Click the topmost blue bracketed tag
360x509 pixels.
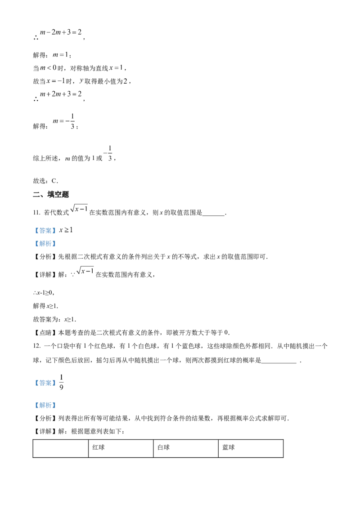tap(45, 230)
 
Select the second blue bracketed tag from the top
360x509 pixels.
tap(45, 243)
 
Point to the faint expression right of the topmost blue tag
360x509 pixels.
tap(67, 231)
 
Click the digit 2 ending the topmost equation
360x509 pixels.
tap(80, 33)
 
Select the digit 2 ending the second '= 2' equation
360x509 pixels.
tap(80, 94)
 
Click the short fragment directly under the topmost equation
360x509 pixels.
tap(59, 54)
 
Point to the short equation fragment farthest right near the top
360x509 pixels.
tap(116, 68)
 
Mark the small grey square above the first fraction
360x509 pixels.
tap(70, 113)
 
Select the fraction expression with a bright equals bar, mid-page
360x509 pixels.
tap(106, 153)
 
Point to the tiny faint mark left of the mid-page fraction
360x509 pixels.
tap(67, 157)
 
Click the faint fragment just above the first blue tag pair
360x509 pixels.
tap(81, 209)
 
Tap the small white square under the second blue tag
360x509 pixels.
tap(92, 275)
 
